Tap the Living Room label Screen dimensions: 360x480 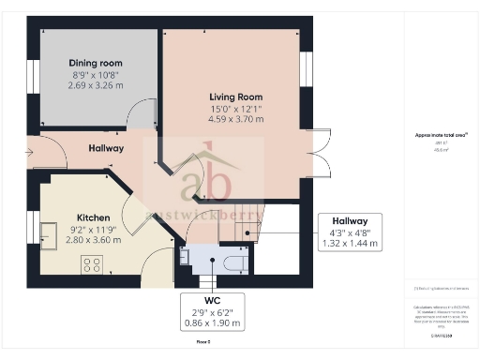click(235, 97)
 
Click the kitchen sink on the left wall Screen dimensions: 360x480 click(48, 231)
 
